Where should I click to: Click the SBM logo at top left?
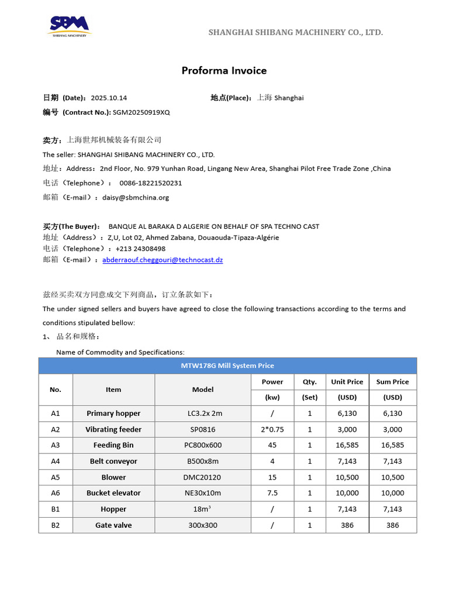(x=69, y=26)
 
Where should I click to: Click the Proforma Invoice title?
(x=224, y=71)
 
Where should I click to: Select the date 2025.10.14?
(x=108, y=98)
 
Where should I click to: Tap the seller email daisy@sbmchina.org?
(x=136, y=197)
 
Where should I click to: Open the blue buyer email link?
(x=163, y=260)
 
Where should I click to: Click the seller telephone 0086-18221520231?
(x=151, y=183)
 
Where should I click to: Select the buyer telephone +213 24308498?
(x=140, y=249)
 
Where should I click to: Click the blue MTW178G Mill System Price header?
(x=227, y=366)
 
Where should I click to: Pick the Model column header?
(x=203, y=390)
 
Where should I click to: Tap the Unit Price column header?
(x=347, y=382)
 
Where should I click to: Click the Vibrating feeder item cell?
(x=113, y=429)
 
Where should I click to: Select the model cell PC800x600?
(x=203, y=445)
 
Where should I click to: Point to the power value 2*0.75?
(x=272, y=429)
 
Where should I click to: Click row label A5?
(x=56, y=477)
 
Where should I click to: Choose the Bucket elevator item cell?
(x=113, y=493)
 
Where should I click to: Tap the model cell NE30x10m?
(x=203, y=493)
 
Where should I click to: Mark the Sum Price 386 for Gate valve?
(x=392, y=525)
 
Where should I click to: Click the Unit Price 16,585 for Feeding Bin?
(x=347, y=445)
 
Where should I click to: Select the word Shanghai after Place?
(x=289, y=98)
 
